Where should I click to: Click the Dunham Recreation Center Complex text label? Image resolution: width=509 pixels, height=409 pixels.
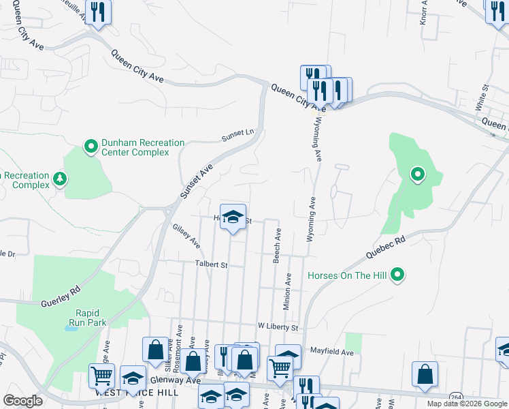[143, 147]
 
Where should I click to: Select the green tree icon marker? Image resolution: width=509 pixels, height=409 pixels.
[61, 179]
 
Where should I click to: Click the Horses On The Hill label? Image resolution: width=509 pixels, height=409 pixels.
[348, 276]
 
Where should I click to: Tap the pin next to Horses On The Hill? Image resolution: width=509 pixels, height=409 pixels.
[398, 275]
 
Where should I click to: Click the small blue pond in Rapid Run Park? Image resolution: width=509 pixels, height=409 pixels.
[71, 328]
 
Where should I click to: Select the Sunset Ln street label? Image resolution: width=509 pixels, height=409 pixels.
[237, 137]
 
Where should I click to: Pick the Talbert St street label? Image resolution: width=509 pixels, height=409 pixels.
[210, 263]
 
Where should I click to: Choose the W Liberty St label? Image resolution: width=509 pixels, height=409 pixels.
[278, 328]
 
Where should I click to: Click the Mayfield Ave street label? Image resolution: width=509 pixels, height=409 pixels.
[332, 352]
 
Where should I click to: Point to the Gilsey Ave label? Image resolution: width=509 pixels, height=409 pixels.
[186, 236]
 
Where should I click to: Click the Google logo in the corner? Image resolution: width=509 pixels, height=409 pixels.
[22, 401]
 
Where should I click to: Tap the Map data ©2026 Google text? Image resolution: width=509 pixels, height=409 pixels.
[466, 404]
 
